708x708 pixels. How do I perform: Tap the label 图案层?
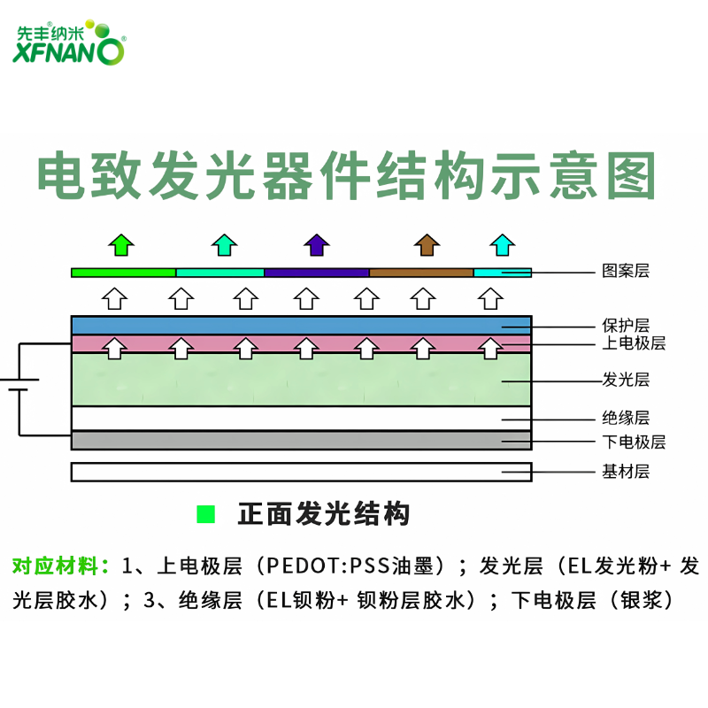(x=626, y=272)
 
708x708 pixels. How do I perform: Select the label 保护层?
(x=626, y=325)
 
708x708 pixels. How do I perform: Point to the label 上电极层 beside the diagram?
(x=634, y=343)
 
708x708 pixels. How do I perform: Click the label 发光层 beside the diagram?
(x=626, y=380)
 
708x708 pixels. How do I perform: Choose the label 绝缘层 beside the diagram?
(x=626, y=418)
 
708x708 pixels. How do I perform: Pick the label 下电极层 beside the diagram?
(x=634, y=442)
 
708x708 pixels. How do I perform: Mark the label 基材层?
(x=626, y=472)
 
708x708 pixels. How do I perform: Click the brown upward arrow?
(x=427, y=244)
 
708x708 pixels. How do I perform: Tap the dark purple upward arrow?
(x=316, y=244)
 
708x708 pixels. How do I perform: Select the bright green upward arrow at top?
(x=120, y=244)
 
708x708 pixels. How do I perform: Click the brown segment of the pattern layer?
(x=421, y=273)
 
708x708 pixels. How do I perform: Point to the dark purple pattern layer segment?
(x=316, y=273)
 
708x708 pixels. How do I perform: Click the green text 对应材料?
(x=58, y=565)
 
